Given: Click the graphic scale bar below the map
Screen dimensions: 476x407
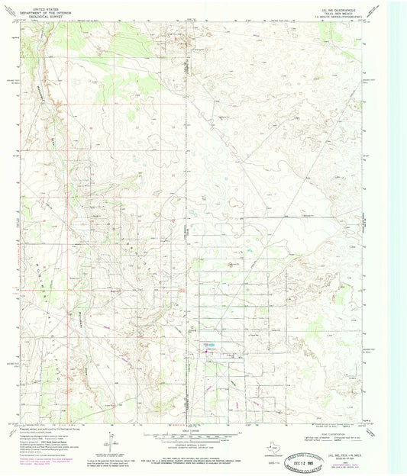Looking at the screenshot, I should click(x=202, y=433).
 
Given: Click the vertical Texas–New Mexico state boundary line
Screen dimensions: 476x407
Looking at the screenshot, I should click(x=185, y=229).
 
